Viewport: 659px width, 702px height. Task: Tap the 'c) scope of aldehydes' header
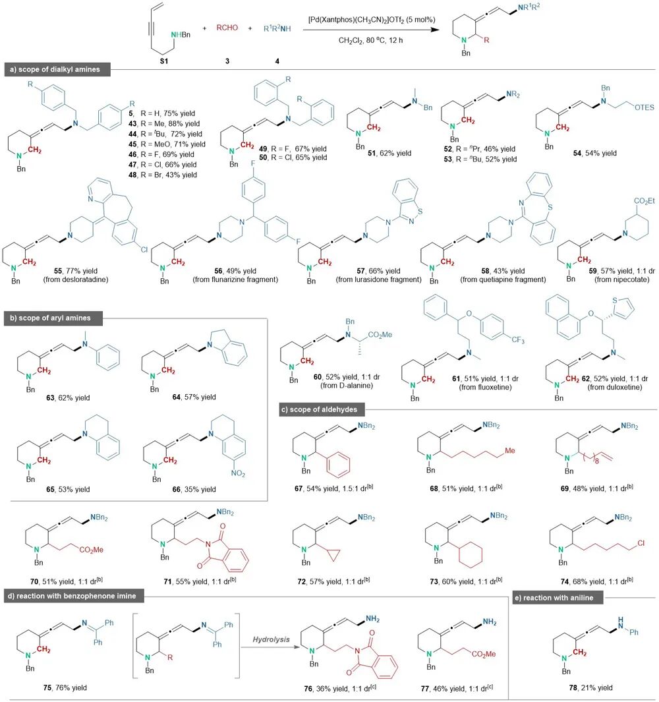(x=320, y=409)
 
